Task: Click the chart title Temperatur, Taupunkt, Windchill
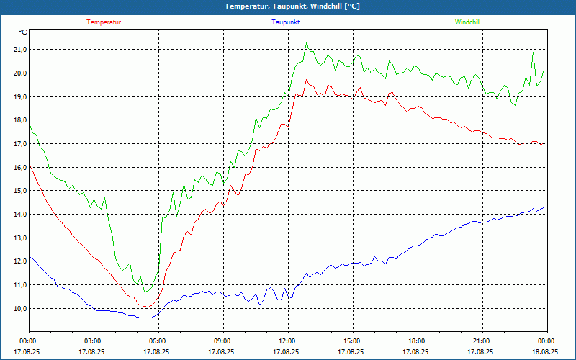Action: point(287,6)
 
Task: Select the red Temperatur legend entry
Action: point(104,22)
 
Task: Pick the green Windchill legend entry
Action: point(467,22)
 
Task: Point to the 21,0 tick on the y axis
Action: point(18,50)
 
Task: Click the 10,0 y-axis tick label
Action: point(18,309)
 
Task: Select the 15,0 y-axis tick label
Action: point(18,191)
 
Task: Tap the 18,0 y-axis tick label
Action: point(18,120)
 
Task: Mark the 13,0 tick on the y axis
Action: point(18,238)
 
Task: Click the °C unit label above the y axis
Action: point(23,32)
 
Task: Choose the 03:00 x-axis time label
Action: point(93,341)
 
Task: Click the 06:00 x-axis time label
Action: point(158,341)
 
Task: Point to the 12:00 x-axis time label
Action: point(287,341)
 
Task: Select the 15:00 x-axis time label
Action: point(351,341)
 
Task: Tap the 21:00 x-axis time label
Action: point(481,341)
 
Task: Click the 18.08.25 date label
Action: point(546,352)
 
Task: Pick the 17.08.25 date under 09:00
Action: point(222,352)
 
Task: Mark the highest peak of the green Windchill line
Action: point(306,43)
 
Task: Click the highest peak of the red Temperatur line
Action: point(306,80)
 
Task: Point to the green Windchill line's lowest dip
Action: point(145,292)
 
